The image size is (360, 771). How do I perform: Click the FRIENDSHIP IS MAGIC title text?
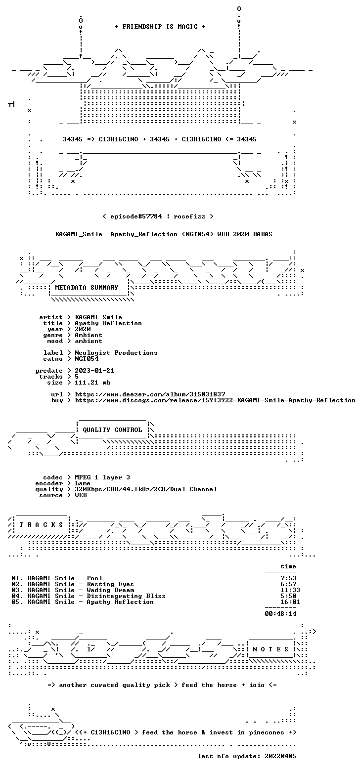click(160, 27)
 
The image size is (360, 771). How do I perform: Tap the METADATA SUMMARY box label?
click(87, 288)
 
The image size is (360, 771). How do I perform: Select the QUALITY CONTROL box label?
click(112, 430)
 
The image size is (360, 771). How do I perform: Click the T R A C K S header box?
click(42, 524)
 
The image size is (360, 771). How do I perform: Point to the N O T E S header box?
click(271, 649)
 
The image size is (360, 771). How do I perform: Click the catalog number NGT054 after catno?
click(87, 359)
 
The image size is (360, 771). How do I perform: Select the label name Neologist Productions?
click(116, 353)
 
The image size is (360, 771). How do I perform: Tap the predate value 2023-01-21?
click(94, 371)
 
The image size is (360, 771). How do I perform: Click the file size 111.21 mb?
click(92, 383)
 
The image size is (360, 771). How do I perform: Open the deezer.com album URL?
click(150, 394)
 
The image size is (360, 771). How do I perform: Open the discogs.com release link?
click(215, 400)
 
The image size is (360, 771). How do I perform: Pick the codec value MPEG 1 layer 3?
click(102, 477)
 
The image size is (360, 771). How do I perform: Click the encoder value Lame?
click(83, 483)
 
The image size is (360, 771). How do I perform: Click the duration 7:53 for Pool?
click(288, 578)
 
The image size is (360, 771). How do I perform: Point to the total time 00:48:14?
click(280, 614)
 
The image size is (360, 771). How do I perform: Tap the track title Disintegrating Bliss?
click(126, 596)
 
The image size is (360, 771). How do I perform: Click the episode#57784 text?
click(136, 216)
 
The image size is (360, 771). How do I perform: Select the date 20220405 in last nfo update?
click(280, 756)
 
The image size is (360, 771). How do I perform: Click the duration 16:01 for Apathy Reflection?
click(290, 602)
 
